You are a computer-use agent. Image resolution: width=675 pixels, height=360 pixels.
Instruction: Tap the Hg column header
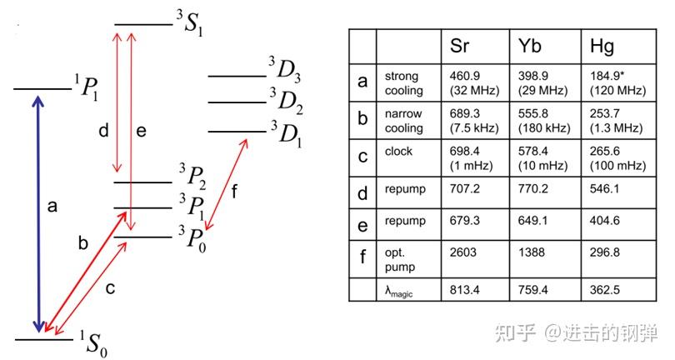coord(602,45)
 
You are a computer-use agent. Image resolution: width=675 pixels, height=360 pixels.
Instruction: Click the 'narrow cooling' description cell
coord(403,121)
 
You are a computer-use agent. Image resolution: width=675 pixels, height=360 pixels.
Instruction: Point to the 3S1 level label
coord(190,26)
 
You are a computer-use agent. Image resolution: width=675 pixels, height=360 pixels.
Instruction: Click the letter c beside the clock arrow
coord(109,288)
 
